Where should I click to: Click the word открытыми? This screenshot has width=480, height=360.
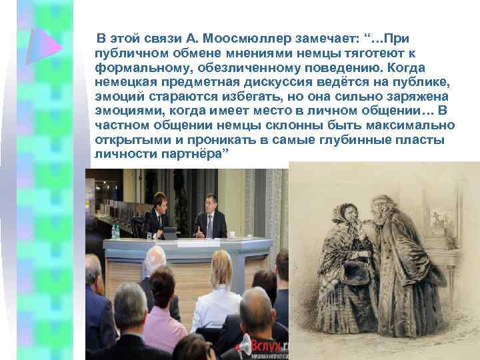click(130, 140)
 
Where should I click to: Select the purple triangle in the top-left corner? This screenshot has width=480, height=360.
click(41, 45)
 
